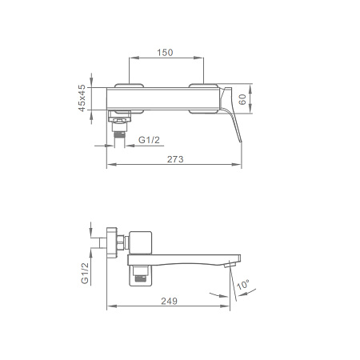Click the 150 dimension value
165,53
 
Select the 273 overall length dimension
175,159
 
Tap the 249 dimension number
169,301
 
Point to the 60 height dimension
242,99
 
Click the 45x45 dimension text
82,98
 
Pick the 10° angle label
243,285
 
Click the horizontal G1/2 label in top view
149,140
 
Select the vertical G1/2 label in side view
85,273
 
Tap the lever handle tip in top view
240,141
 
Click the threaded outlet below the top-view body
119,134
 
